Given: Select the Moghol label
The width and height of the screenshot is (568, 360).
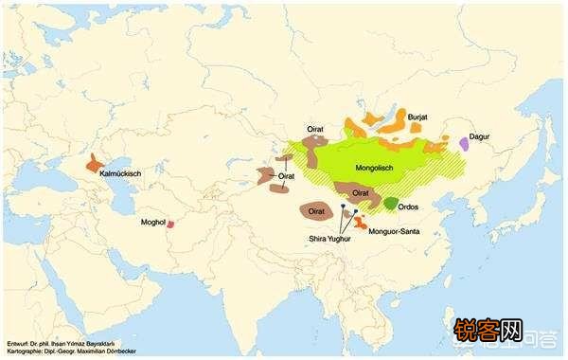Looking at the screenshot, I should (x=152, y=224).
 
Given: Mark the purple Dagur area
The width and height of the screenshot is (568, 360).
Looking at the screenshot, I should (x=464, y=143).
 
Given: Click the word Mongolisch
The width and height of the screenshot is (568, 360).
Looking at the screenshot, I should (x=373, y=168).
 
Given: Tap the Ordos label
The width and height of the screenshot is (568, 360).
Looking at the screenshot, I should (x=410, y=206).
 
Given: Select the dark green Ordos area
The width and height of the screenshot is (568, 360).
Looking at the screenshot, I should (x=390, y=203).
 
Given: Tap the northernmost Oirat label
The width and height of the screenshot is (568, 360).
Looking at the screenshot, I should (x=316, y=128).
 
